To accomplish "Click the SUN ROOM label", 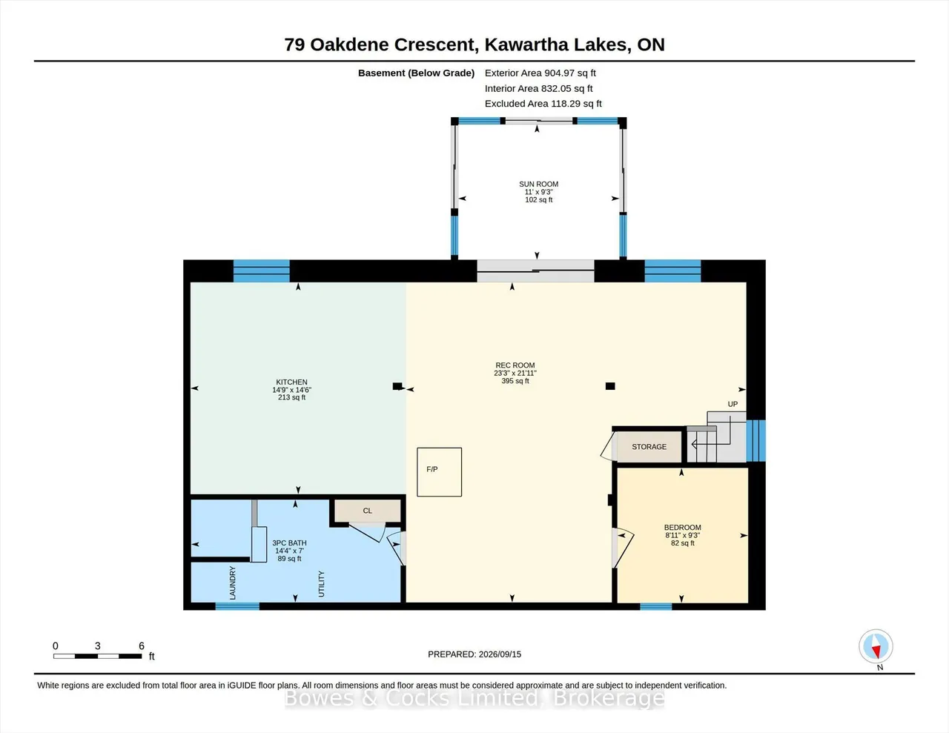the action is coord(538,185).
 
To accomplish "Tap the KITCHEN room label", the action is coord(291,382).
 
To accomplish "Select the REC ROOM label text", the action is coord(515,365).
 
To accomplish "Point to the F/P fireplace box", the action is coord(440,472).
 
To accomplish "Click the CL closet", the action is coord(368,511).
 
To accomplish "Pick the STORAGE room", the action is coord(649,447).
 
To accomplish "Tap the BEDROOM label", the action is coord(683,528).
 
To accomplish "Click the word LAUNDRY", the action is coord(232,583).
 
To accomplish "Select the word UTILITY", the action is coord(322,584).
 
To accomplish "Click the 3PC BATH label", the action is coord(290,543).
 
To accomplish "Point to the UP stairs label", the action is coord(733,404).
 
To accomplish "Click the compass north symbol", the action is coord(876,646).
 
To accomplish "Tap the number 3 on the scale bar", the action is coord(98,646).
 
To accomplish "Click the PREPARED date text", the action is coord(474,654).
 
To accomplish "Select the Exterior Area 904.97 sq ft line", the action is coord(540,73).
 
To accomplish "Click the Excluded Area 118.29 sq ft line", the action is coord(543,104).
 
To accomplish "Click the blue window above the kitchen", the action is coord(262,271).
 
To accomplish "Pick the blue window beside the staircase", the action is coord(756,440).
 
